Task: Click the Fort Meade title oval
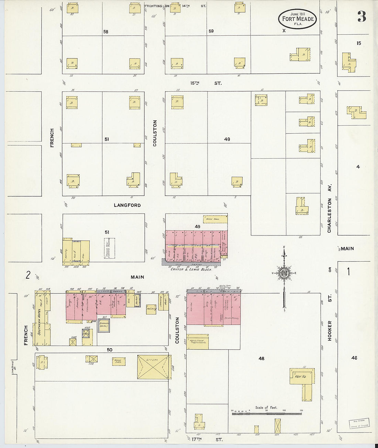pyautogui.click(x=297, y=19)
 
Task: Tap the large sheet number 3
pyautogui.click(x=362, y=16)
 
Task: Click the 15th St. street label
pyautogui.click(x=206, y=83)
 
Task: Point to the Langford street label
pyautogui.click(x=127, y=205)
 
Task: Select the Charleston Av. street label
pyautogui.click(x=329, y=208)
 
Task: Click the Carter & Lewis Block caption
pyautogui.click(x=191, y=269)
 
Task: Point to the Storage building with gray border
pyautogui.click(x=103, y=325)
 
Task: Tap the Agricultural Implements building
pyautogui.click(x=198, y=342)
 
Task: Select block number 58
pyautogui.click(x=106, y=32)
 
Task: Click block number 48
pyautogui.click(x=262, y=358)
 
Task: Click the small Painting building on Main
pyautogui.click(x=151, y=309)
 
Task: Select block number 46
pyautogui.click(x=354, y=358)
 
